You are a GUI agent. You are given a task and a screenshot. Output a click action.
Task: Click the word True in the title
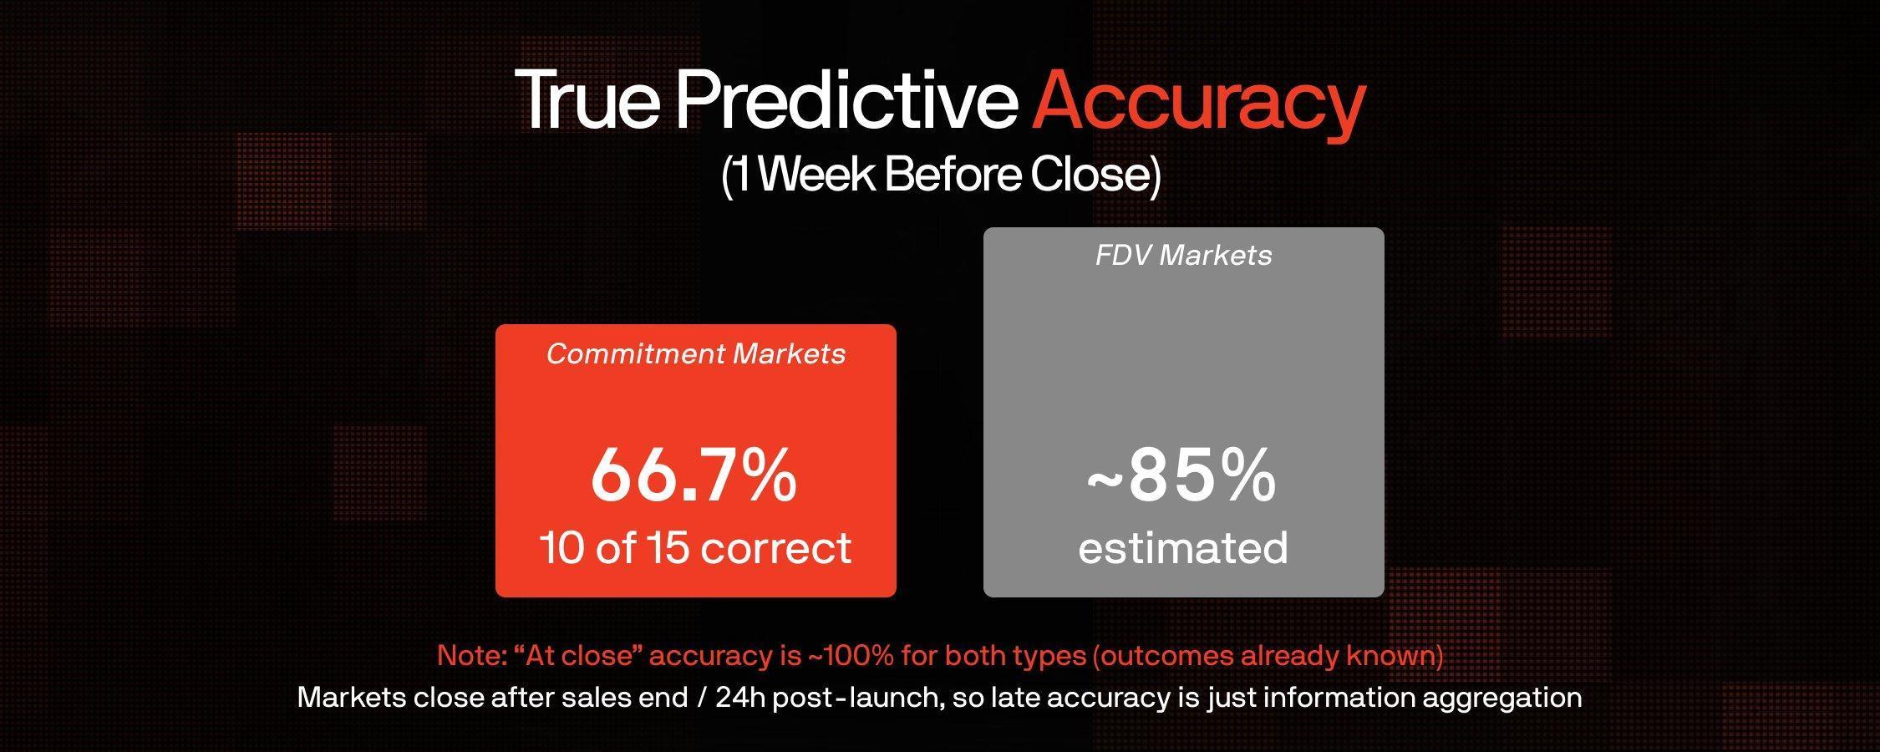pyautogui.click(x=588, y=99)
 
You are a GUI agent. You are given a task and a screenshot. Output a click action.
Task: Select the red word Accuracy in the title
pyautogui.click(x=1199, y=104)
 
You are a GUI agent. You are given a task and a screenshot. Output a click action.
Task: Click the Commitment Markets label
pyautogui.click(x=696, y=354)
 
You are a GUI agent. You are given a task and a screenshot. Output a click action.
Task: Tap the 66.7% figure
pyautogui.click(x=694, y=475)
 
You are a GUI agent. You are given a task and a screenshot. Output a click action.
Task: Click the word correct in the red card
pyautogui.click(x=776, y=549)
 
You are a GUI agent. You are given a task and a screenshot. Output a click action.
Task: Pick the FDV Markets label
pyautogui.click(x=1184, y=255)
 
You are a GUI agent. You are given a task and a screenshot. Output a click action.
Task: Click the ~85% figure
pyautogui.click(x=1181, y=475)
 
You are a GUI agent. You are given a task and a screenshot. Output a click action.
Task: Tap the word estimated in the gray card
pyautogui.click(x=1183, y=548)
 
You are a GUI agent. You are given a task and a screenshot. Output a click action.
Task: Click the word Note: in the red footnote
pyautogui.click(x=471, y=656)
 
